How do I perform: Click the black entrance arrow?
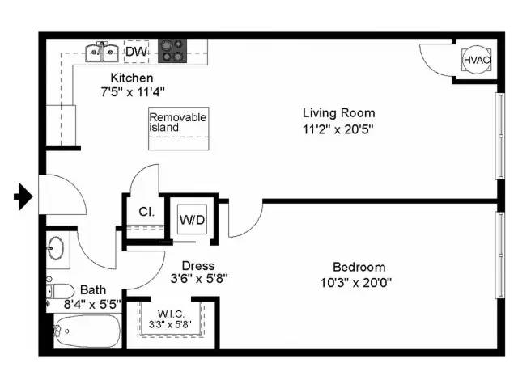click(x=23, y=196)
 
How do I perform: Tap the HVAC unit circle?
click(x=476, y=60)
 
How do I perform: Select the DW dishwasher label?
click(x=137, y=52)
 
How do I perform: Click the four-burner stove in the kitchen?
click(x=172, y=51)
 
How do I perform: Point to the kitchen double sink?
click(x=102, y=52)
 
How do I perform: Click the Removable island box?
click(x=178, y=129)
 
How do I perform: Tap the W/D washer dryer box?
click(x=192, y=219)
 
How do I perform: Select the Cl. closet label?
click(x=146, y=212)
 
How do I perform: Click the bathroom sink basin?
click(x=56, y=247)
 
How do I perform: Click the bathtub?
click(x=87, y=331)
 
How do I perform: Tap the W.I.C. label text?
click(x=171, y=314)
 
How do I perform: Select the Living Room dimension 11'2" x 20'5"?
click(x=338, y=129)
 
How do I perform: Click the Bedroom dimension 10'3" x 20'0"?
click(x=356, y=282)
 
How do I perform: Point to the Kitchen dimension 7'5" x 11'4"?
click(x=133, y=91)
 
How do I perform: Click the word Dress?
click(x=198, y=266)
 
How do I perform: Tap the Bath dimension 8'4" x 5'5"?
click(x=92, y=304)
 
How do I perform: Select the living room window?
click(x=500, y=136)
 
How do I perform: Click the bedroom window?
click(x=500, y=255)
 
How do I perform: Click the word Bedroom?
click(x=359, y=267)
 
